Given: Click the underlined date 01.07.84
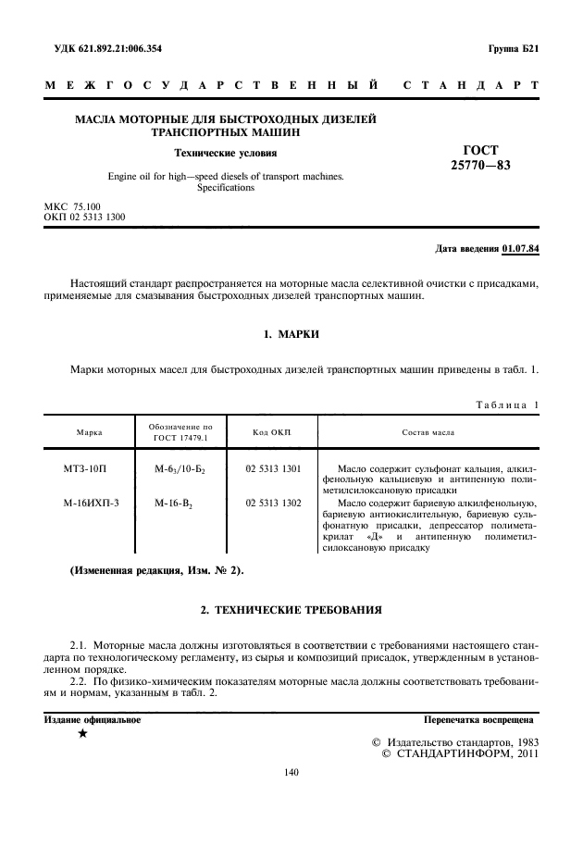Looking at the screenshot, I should [x=521, y=249].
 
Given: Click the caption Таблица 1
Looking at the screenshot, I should [x=506, y=406].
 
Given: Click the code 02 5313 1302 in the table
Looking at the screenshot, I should [x=273, y=503].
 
